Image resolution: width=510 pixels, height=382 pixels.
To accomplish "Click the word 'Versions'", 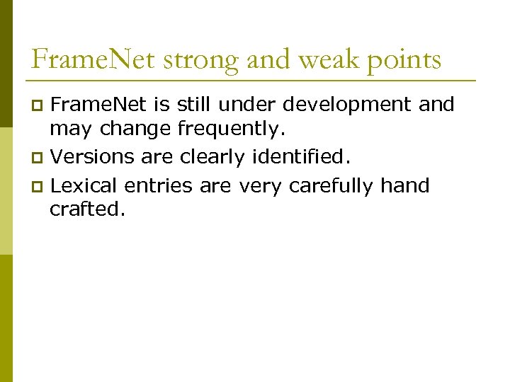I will [x=93, y=156].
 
